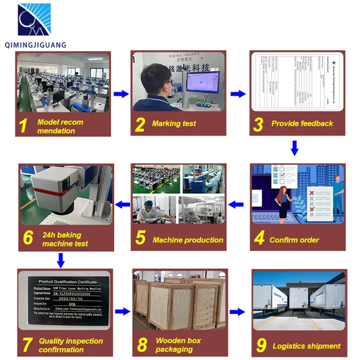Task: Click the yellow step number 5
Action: point(141,237)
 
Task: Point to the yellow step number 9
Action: point(260,344)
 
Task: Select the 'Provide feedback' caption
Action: point(302,123)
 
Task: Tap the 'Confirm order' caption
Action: point(295,240)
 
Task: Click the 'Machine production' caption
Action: point(188,240)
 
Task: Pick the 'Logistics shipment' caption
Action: point(306,346)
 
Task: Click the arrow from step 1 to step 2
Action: point(121,94)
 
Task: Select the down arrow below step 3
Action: point(294,148)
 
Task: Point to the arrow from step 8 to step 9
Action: point(238,311)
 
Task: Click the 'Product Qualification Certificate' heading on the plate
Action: point(66,281)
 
